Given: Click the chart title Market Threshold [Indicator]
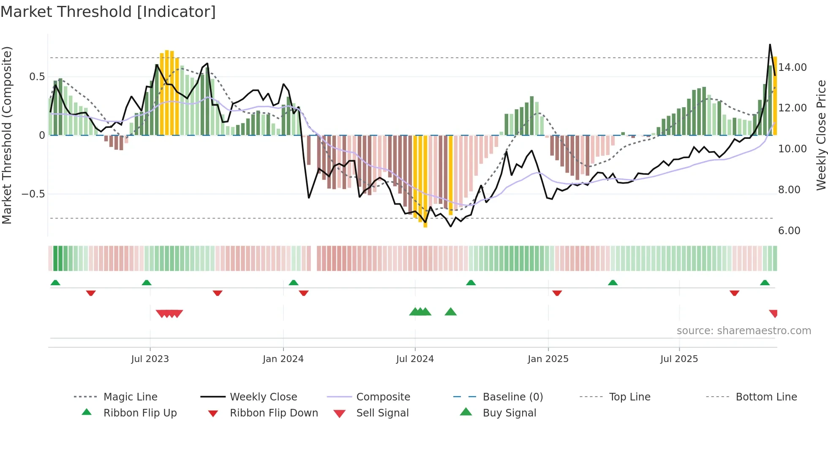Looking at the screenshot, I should [108, 12].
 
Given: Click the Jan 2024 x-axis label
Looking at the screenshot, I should [283, 359].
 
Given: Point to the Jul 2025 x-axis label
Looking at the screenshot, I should [679, 359].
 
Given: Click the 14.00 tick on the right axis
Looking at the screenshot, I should [793, 68].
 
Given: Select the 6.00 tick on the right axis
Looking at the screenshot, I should [789, 231].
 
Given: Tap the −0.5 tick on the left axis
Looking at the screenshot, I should [33, 194].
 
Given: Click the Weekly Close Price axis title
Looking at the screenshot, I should [821, 135].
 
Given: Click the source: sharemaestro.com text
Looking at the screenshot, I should [744, 331].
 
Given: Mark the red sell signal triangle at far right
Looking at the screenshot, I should [774, 314].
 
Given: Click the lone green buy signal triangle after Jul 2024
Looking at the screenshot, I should [451, 312].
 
